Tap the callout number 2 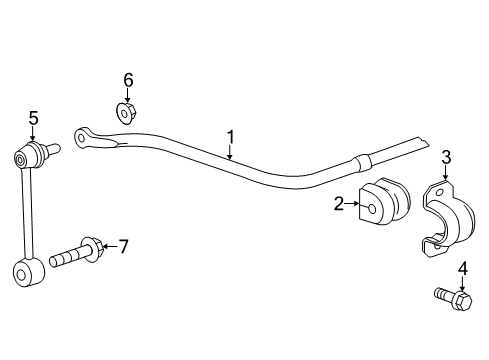340,204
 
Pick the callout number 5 33,118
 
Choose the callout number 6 128,79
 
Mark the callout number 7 125,245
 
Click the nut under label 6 127,111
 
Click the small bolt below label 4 453,297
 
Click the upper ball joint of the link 29,155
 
